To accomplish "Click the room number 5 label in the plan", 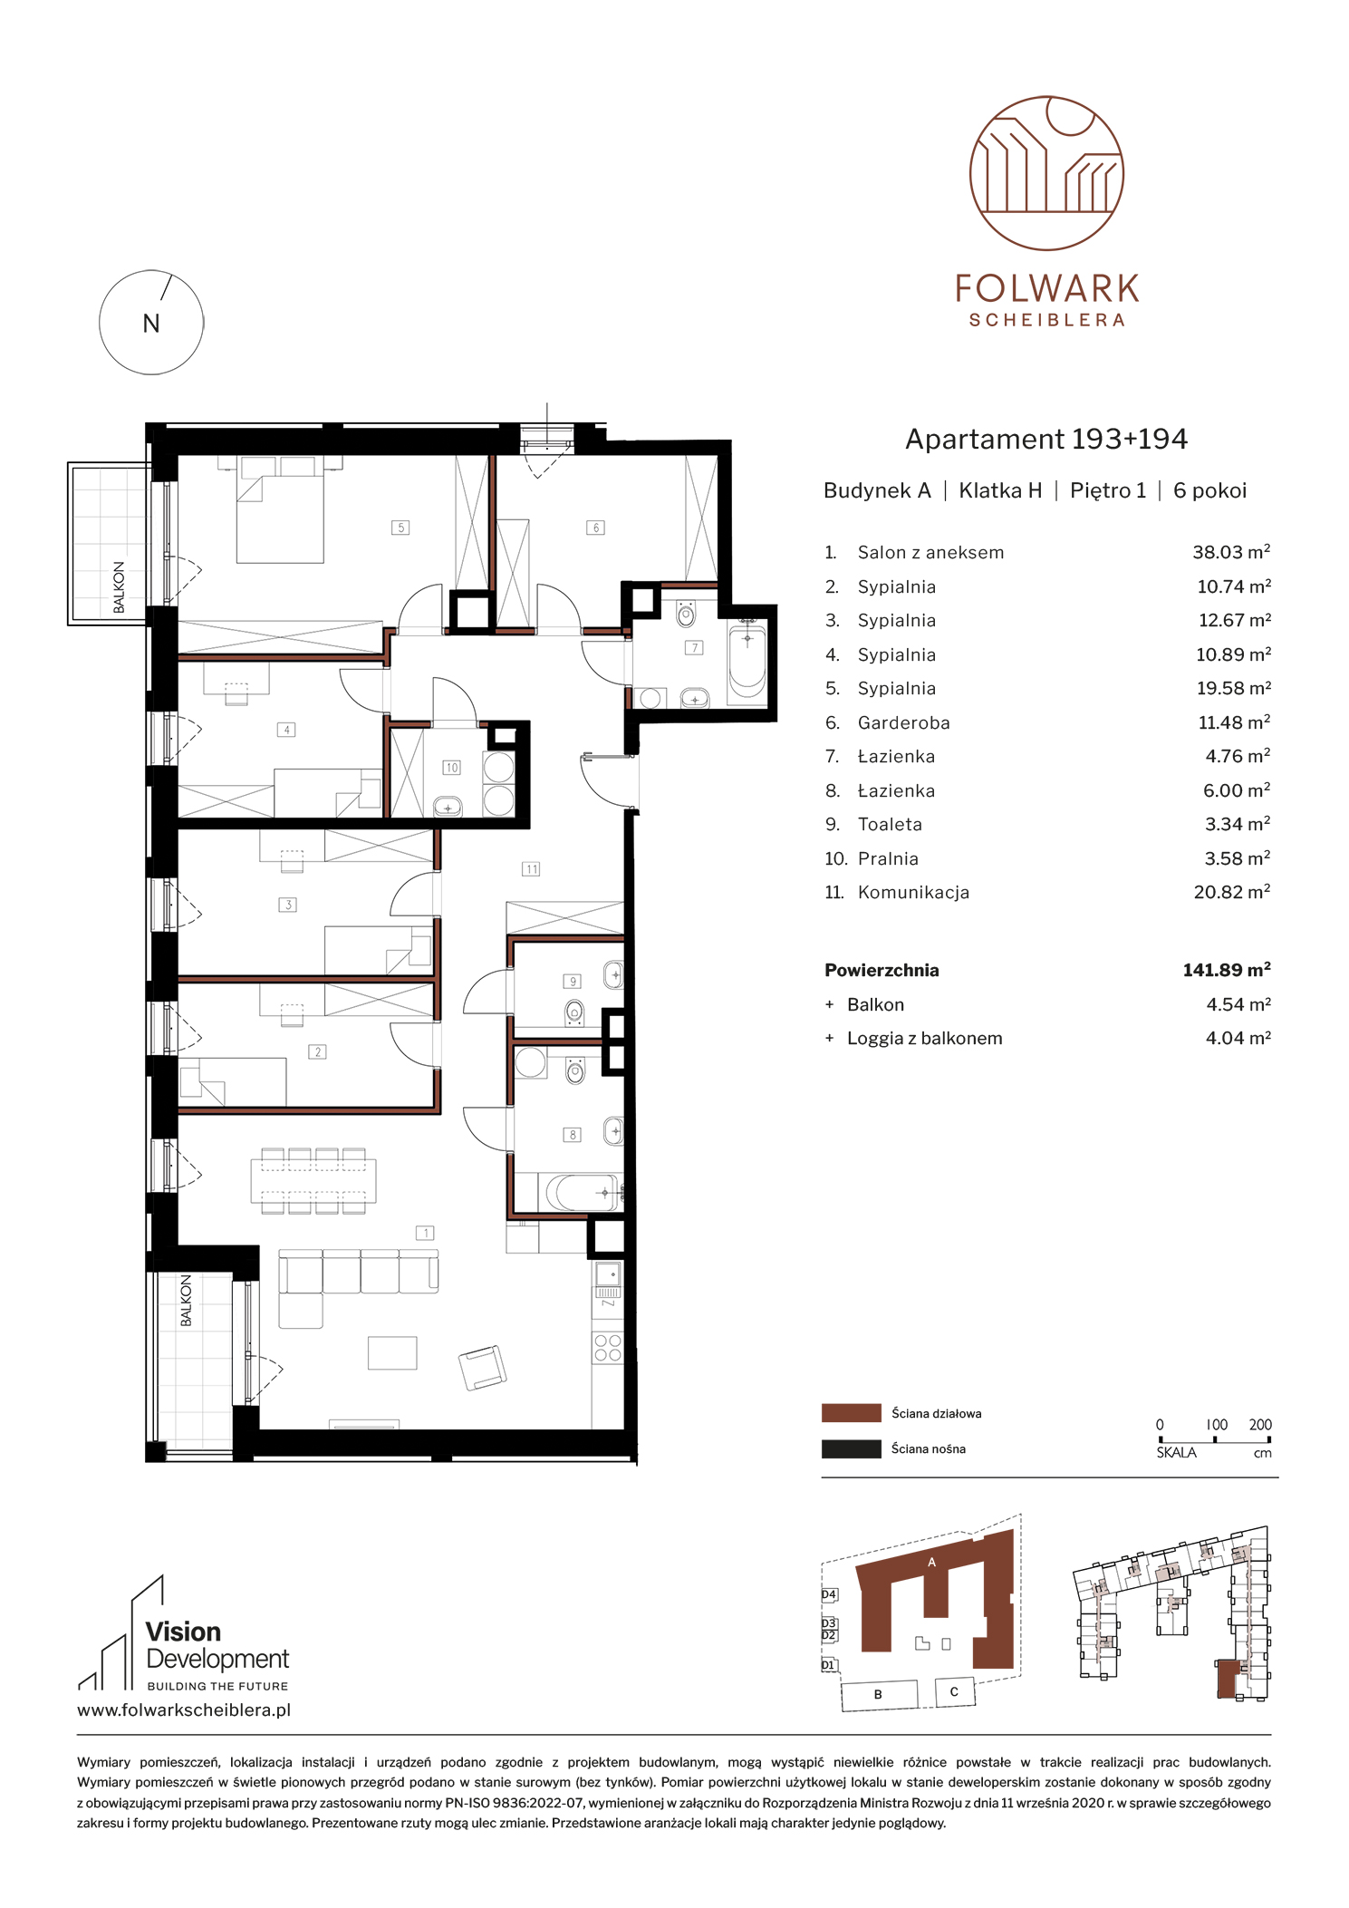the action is tap(400, 527).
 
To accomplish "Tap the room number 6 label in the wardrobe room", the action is tap(595, 527).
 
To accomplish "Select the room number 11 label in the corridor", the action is tap(531, 868).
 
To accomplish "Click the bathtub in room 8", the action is tap(581, 1192).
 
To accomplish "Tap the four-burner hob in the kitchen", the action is tap(608, 1348).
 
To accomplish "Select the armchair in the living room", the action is tap(483, 1367).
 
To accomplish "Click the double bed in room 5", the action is tap(280, 509).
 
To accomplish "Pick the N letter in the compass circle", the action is tap(151, 324).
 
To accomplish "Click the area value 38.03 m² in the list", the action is tap(1231, 552).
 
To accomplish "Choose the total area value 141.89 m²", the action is tap(1227, 970).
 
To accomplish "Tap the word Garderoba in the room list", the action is tap(903, 722).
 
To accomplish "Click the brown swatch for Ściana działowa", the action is tap(851, 1412).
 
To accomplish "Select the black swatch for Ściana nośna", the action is tap(851, 1448).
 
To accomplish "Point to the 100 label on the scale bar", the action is tap(1217, 1425).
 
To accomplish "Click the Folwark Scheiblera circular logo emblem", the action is tap(1046, 173).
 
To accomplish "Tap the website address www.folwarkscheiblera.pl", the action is tap(184, 1710).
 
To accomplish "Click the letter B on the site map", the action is tap(878, 1694).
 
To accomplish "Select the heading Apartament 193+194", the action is tap(1046, 440).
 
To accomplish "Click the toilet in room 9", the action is tap(573, 1011).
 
